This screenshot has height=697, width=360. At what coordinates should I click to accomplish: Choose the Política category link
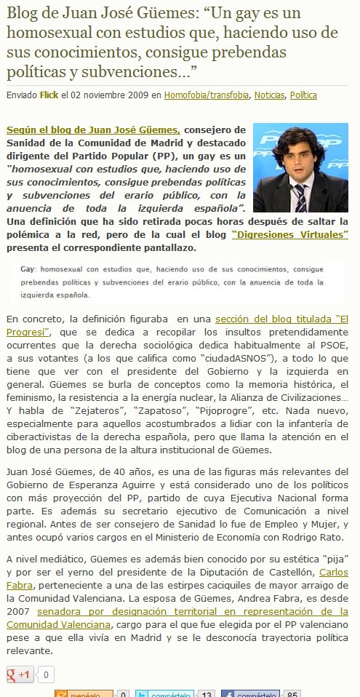point(303,95)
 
